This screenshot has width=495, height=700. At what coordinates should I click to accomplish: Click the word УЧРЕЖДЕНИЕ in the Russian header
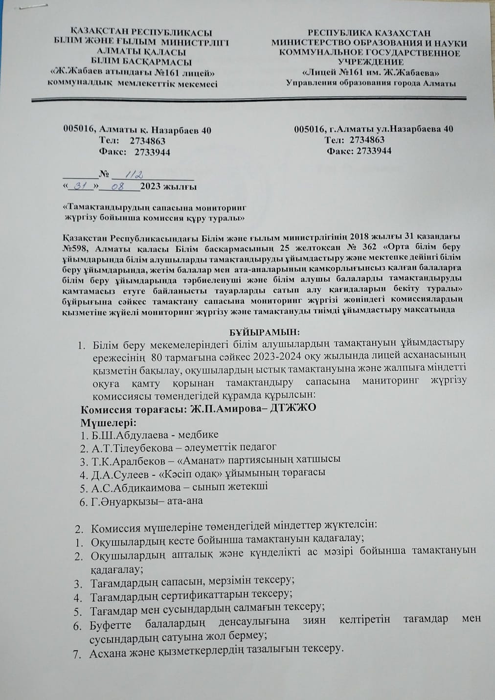[371, 62]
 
